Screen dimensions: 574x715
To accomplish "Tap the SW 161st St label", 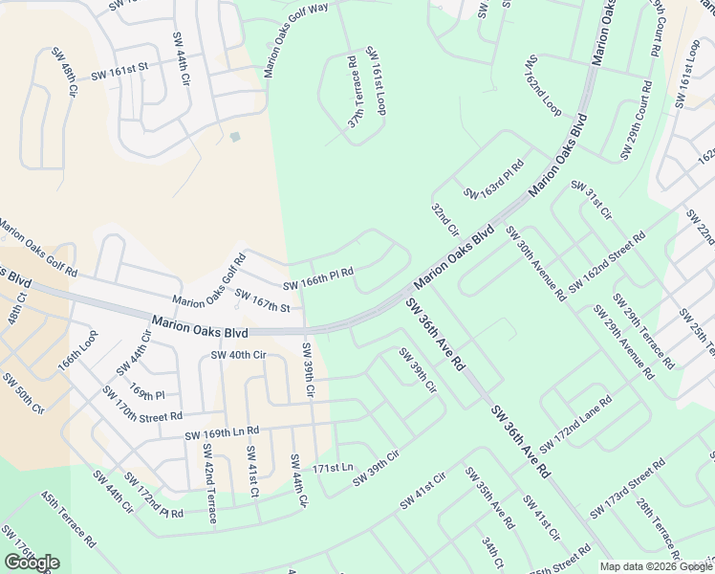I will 120,70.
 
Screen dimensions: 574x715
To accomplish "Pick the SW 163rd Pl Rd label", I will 494,180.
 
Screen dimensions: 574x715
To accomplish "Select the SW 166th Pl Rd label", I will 318,278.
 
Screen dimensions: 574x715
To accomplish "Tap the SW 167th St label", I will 262,301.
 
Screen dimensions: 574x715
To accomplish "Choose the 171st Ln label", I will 334,468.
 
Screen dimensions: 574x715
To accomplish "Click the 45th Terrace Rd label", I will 68,519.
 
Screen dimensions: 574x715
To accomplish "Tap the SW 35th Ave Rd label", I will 489,497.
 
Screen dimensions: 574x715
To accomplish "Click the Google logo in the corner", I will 32,563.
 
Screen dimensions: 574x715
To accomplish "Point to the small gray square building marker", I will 235,137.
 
